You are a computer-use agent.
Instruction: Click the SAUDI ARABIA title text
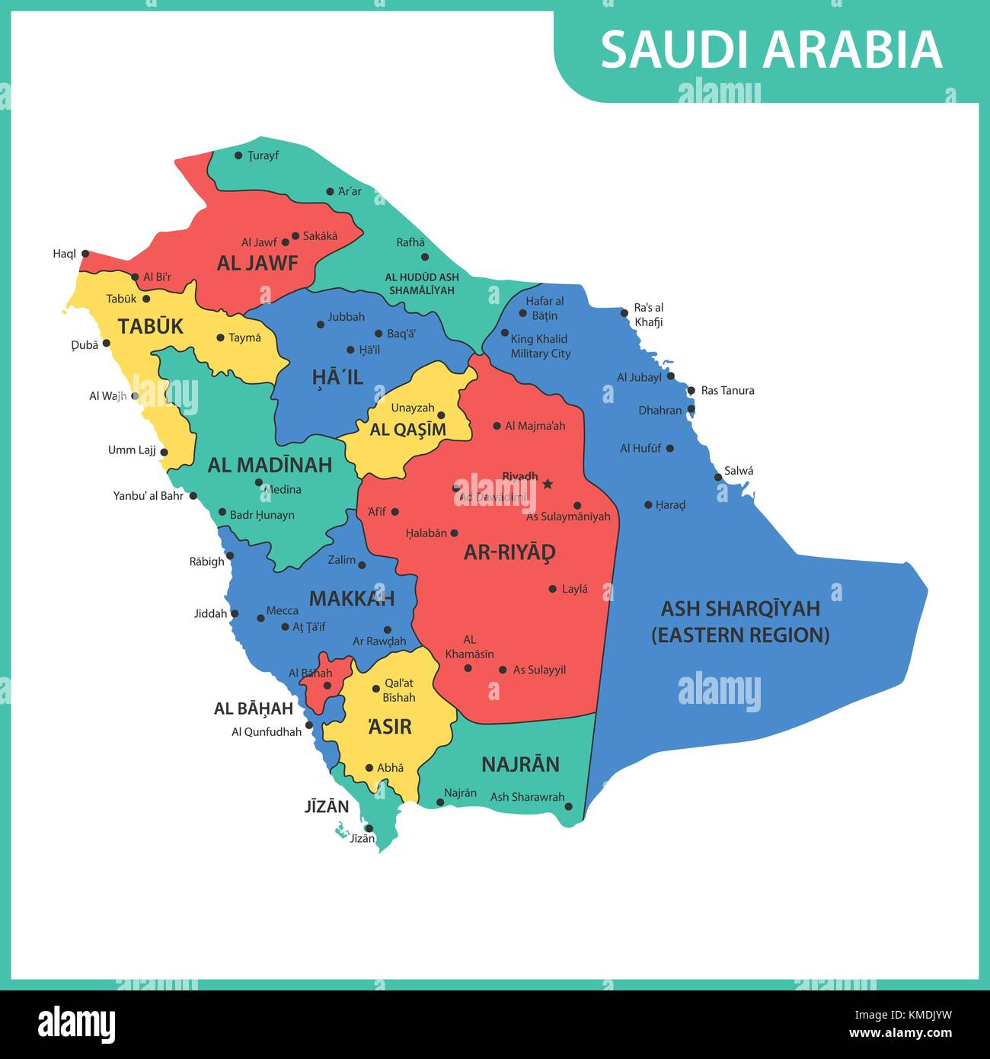(x=771, y=50)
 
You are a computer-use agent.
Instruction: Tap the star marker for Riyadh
(x=548, y=484)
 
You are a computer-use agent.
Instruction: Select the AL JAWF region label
(x=257, y=264)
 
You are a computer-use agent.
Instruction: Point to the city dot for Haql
(x=85, y=254)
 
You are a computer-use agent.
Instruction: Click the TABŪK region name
(x=151, y=327)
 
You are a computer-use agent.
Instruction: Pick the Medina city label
(x=283, y=490)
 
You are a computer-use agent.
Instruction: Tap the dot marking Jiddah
(x=235, y=613)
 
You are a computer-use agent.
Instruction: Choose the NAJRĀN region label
(x=520, y=764)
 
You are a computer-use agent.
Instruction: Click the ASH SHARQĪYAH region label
(x=740, y=622)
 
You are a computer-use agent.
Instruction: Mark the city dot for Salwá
(x=718, y=478)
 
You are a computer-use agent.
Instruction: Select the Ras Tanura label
(x=727, y=391)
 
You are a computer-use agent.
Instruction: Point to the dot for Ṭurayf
(x=238, y=155)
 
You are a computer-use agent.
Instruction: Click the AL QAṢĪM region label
(x=408, y=430)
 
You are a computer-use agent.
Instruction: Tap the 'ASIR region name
(x=389, y=727)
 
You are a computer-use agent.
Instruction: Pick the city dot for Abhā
(x=369, y=768)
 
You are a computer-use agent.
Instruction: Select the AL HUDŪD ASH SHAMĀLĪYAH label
(x=422, y=284)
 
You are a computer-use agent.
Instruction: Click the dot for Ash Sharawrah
(x=568, y=806)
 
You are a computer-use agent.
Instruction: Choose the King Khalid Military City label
(x=540, y=347)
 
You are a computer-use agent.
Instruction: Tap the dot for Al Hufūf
(x=670, y=449)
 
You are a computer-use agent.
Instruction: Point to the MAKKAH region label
(x=352, y=599)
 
